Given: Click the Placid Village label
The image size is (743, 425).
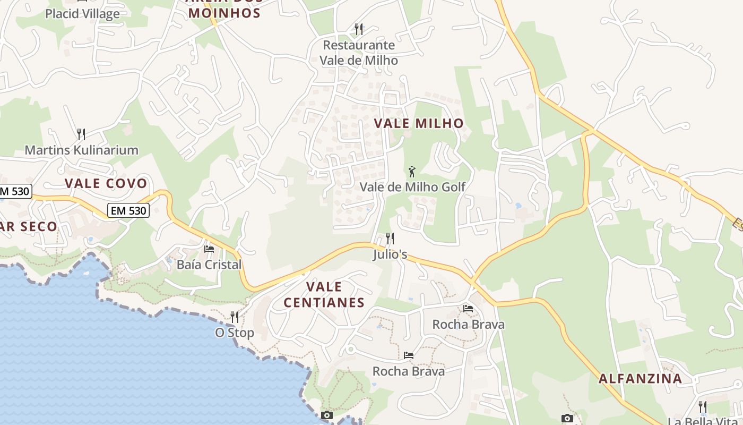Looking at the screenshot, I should point(82,13).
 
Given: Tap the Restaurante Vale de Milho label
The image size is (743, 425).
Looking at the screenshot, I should point(359,53).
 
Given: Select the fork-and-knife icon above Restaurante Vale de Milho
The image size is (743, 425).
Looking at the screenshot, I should point(359,29).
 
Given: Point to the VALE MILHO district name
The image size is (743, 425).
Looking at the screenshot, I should point(419,123).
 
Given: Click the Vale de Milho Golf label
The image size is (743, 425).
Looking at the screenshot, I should point(412,187).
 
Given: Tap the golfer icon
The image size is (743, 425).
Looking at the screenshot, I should point(412,172).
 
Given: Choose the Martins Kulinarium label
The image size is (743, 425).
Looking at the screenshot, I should point(81,150).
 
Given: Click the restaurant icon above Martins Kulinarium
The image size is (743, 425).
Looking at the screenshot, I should point(81,134).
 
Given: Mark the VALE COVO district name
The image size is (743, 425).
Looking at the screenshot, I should point(106,183).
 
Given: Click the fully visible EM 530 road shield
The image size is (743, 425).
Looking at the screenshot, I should point(128,210).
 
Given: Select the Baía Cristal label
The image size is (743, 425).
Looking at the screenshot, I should point(209,265).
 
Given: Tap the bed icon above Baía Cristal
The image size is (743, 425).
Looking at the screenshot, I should point(209,249).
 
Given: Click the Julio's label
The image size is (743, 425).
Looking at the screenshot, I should point(390,254).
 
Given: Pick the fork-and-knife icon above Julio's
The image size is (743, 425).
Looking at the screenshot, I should point(390,238).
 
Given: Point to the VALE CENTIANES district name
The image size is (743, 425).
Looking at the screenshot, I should point(324,295).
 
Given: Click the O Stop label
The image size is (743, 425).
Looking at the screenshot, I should point(234,333).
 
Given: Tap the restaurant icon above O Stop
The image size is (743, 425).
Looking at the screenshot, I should point(234,317).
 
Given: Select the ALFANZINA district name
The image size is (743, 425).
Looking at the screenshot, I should point(640,379).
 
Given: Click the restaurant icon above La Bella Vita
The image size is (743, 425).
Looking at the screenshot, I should point(703,407).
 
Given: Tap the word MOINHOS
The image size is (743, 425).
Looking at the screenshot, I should point(224,13).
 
